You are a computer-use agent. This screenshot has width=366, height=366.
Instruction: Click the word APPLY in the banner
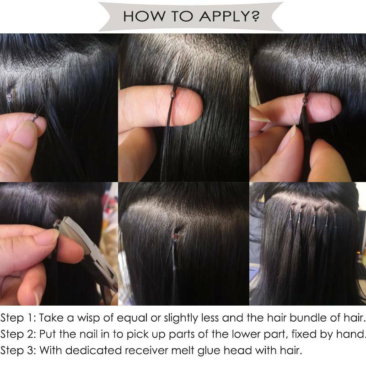(x=226, y=16)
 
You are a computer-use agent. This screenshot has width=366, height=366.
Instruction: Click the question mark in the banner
(x=256, y=16)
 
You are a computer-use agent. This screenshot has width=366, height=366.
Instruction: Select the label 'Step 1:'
(x=18, y=318)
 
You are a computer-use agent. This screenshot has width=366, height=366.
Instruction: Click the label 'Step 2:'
(x=18, y=334)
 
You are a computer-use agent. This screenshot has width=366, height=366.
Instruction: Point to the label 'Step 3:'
(x=18, y=350)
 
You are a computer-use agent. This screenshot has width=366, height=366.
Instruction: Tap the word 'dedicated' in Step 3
(x=93, y=350)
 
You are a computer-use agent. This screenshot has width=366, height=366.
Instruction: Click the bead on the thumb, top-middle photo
(x=173, y=94)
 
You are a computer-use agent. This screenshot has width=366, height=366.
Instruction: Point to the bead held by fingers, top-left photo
(x=36, y=116)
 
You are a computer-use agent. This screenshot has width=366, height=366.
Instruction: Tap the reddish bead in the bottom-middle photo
(x=175, y=237)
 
